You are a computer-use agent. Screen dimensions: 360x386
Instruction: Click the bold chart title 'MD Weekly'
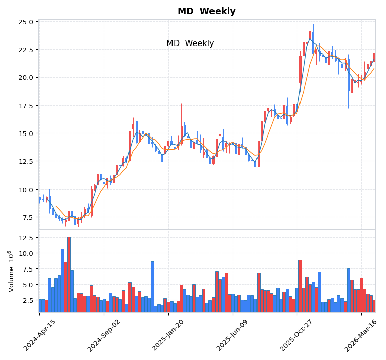click(206, 11)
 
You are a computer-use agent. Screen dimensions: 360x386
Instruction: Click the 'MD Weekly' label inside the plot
click(190, 43)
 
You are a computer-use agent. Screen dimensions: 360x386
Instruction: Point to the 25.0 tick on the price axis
click(26, 22)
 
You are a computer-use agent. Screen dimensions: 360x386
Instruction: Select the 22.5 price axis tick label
click(26, 50)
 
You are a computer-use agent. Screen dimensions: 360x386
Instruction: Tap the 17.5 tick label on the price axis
click(26, 106)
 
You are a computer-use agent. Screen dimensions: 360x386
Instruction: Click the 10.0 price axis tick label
click(26, 190)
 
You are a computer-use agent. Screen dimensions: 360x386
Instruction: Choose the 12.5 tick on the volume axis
click(26, 237)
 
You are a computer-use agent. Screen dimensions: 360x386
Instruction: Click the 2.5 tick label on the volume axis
click(28, 300)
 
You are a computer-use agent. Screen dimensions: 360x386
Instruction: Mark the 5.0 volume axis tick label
click(28, 285)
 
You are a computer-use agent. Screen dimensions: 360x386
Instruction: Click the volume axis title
click(11, 271)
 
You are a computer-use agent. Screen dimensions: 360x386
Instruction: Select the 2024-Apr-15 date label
click(39, 335)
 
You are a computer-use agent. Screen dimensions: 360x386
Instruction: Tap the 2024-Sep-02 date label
click(104, 335)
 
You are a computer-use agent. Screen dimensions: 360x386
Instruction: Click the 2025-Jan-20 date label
click(168, 335)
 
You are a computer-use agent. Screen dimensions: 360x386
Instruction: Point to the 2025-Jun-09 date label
click(233, 335)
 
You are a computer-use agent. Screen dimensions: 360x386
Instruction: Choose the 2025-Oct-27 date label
click(297, 335)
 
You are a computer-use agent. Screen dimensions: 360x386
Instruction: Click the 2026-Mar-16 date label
click(362, 335)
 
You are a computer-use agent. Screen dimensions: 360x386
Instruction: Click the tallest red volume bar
click(69, 274)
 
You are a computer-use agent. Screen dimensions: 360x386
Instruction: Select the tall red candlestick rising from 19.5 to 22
click(301, 69)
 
